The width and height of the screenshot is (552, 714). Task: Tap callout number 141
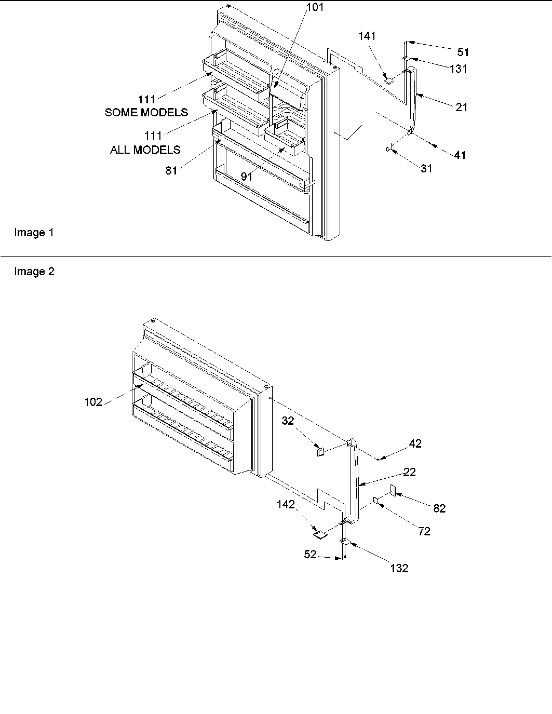tap(367, 36)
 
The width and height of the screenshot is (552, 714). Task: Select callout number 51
tap(463, 51)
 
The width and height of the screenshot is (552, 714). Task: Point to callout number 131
tap(458, 69)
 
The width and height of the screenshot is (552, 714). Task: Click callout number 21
tap(461, 107)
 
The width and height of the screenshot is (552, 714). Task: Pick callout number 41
tap(460, 155)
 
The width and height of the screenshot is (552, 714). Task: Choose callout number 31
tap(426, 168)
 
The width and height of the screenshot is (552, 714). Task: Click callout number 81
tap(171, 170)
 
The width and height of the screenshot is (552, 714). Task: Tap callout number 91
tap(246, 177)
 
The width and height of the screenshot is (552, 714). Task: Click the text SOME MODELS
tap(146, 112)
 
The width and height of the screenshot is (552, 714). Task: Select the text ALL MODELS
tap(145, 150)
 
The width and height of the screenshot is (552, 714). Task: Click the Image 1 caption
tap(34, 233)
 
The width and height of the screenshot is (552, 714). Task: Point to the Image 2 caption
tap(34, 272)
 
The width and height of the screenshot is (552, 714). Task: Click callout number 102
tap(93, 401)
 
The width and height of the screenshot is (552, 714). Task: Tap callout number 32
tap(288, 421)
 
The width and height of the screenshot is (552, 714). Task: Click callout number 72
tap(424, 531)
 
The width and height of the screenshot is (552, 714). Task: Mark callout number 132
tap(399, 568)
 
